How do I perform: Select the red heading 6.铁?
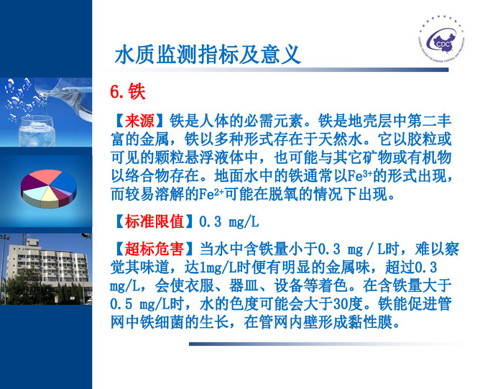(x=127, y=92)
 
